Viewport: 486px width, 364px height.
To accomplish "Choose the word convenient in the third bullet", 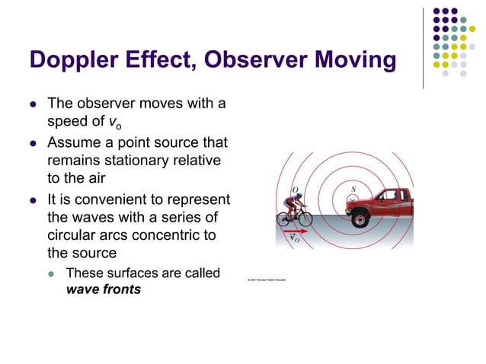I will click(150, 199).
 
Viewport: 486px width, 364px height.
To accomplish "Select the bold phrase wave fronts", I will click(104, 289).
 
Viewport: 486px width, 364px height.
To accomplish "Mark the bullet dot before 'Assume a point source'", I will click(33, 142).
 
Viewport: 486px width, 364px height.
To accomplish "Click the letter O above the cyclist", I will click(295, 190).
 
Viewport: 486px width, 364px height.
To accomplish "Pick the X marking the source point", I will click(352, 200).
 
